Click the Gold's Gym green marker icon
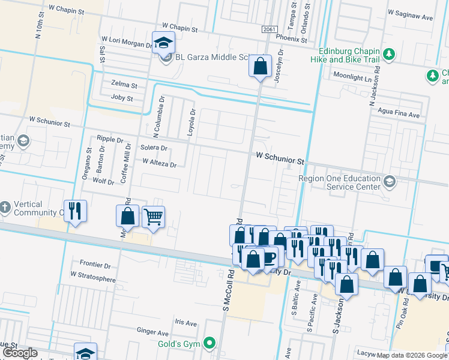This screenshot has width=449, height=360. click(x=209, y=344)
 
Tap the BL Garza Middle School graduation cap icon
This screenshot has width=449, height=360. click(x=163, y=43)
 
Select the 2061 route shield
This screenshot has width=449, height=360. click(x=270, y=29)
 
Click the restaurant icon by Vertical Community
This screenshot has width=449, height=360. click(x=75, y=211)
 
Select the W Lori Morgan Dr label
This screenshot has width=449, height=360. click(x=127, y=44)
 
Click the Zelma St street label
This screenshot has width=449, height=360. click(x=124, y=85)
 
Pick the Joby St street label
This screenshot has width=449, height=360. click(x=122, y=98)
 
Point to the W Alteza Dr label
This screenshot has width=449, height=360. click(x=159, y=162)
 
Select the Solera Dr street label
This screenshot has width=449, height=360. click(x=154, y=148)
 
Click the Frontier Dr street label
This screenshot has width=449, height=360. click(x=95, y=265)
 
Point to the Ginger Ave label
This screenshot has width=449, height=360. click(x=152, y=332)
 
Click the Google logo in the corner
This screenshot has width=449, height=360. click(x=20, y=353)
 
